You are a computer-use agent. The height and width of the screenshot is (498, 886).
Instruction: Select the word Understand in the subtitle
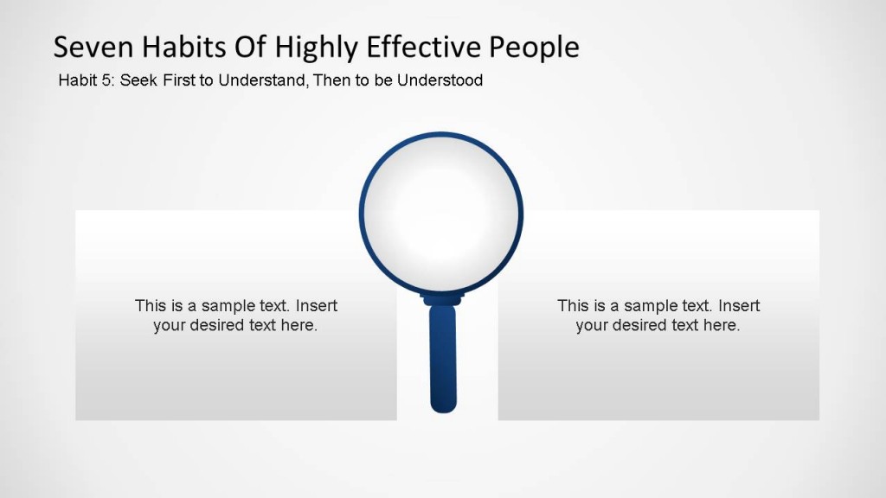258,80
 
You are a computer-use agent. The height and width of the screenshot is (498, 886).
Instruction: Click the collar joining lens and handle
442,298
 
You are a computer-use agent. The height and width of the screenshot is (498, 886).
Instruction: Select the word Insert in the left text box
317,306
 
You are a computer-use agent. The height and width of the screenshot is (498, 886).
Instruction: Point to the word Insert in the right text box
739,306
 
